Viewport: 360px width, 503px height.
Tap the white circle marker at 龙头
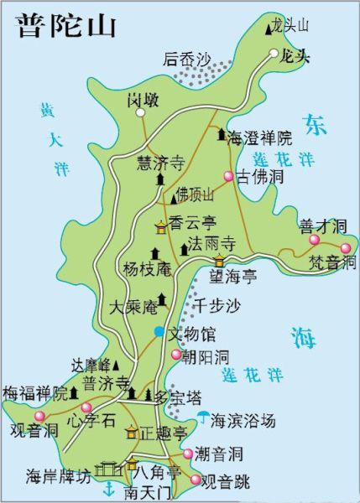pyautogui.click(x=274, y=54)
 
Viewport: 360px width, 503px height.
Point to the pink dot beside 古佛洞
pyautogui.click(x=228, y=176)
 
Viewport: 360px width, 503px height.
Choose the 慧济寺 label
pyautogui.click(x=160, y=164)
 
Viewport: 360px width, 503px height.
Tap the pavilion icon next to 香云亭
pyautogui.click(x=160, y=226)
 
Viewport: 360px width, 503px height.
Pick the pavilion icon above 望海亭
pyautogui.click(x=219, y=261)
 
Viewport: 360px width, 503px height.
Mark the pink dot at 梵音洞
pyautogui.click(x=346, y=248)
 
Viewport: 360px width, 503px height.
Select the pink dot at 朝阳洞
pyautogui.click(x=176, y=355)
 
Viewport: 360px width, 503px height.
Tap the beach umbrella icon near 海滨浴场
pyautogui.click(x=202, y=417)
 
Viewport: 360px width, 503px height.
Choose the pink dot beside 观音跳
pyautogui.click(x=196, y=480)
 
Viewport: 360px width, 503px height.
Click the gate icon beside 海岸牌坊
pyautogui.click(x=107, y=469)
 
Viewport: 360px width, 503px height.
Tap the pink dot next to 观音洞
pyautogui.click(x=39, y=417)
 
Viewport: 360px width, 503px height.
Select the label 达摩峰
pyautogui.click(x=91, y=365)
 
